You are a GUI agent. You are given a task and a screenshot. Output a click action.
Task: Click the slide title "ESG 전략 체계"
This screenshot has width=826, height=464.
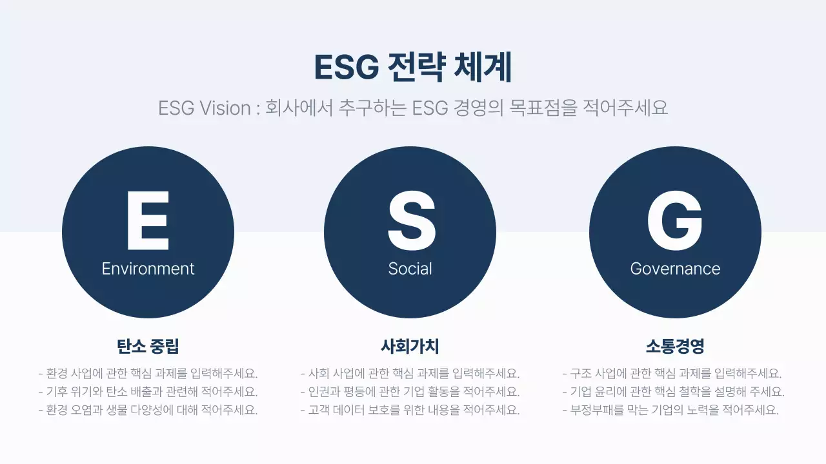[413, 68]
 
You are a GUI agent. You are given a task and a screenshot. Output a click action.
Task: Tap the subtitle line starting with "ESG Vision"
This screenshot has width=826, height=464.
[413, 108]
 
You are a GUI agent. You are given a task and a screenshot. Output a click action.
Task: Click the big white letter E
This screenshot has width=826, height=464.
[148, 220]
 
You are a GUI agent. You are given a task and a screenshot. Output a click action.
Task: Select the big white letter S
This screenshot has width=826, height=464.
[410, 220]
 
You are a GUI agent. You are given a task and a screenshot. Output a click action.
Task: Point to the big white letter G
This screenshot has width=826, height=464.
[675, 220]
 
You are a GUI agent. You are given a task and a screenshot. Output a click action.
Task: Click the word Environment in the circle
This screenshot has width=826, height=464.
[148, 269]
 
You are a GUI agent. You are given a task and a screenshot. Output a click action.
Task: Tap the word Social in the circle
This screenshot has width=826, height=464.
[410, 269]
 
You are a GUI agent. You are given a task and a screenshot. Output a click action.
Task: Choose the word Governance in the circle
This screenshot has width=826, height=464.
[675, 269]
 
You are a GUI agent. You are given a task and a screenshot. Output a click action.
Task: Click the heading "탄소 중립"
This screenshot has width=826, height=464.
[148, 346]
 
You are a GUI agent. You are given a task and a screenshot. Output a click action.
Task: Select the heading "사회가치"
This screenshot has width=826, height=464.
[410, 346]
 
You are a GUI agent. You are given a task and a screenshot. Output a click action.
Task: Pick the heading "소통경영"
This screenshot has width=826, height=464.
[675, 346]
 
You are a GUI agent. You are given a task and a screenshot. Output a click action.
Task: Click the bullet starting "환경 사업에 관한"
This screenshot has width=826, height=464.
[148, 373]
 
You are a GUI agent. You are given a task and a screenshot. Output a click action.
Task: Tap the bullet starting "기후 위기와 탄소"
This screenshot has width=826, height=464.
[148, 391]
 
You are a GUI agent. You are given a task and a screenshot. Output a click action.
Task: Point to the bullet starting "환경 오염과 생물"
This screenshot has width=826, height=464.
[148, 410]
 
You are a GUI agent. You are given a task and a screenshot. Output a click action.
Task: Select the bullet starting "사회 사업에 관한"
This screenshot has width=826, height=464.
[410, 373]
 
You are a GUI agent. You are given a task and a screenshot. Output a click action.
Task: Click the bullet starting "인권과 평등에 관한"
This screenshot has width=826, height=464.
[410, 391]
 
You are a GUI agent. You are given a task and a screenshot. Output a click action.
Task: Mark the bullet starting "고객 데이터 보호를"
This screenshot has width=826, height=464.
[410, 410]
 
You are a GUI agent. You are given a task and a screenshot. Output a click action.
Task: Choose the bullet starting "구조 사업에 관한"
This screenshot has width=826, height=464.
[672, 373]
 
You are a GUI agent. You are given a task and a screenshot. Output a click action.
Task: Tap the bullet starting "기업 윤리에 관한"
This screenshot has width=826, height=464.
[674, 391]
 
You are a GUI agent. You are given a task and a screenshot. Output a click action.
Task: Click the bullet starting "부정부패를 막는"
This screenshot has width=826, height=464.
[671, 410]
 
